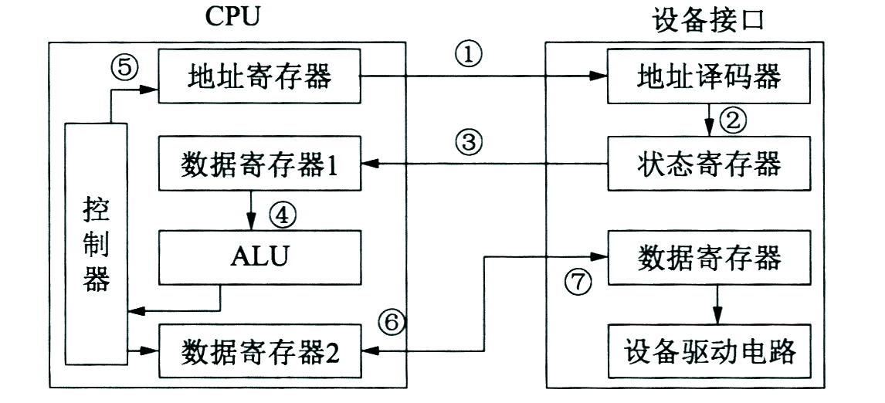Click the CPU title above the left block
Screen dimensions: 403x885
tap(229, 18)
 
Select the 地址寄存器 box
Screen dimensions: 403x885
tap(259, 77)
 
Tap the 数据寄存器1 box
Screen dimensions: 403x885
tap(259, 164)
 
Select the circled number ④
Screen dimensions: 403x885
tap(281, 214)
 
